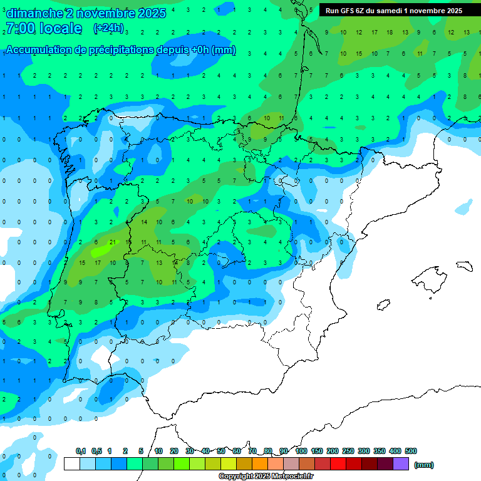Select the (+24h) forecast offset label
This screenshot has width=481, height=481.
108,28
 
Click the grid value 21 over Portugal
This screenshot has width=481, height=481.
111,242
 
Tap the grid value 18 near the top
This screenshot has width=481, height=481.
390,32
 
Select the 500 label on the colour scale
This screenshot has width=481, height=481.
411,451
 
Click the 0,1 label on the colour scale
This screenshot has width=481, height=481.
81,451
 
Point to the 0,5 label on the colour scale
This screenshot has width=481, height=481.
96,451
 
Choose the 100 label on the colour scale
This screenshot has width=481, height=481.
301,451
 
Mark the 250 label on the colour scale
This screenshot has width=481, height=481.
348,451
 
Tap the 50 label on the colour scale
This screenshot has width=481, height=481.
221,451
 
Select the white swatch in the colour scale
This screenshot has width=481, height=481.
71,464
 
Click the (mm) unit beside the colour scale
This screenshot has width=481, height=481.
424,465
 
